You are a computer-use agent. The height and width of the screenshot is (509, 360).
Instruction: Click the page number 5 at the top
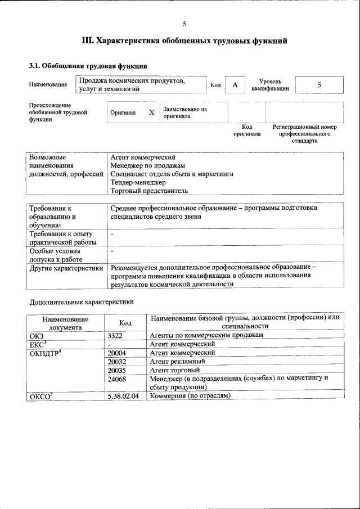point(184,24)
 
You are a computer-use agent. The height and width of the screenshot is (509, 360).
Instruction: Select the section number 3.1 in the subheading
point(34,66)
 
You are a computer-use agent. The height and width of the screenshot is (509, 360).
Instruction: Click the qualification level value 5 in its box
point(319,85)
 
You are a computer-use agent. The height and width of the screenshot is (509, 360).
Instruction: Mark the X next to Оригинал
point(151,112)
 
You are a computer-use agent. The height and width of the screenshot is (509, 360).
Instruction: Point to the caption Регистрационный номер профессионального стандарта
point(304,134)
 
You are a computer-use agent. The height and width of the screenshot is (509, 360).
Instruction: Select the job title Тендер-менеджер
point(138,182)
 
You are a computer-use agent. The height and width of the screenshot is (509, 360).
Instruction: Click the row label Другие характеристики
point(66,268)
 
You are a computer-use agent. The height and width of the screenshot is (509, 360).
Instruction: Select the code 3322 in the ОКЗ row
point(115,335)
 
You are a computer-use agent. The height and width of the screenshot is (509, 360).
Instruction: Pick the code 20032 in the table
point(117,361)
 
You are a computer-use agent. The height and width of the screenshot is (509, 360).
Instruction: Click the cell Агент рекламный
point(177,361)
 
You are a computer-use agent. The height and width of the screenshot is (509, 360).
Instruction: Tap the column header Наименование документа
point(65,323)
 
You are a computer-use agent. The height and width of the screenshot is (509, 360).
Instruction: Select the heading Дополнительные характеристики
point(82,302)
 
